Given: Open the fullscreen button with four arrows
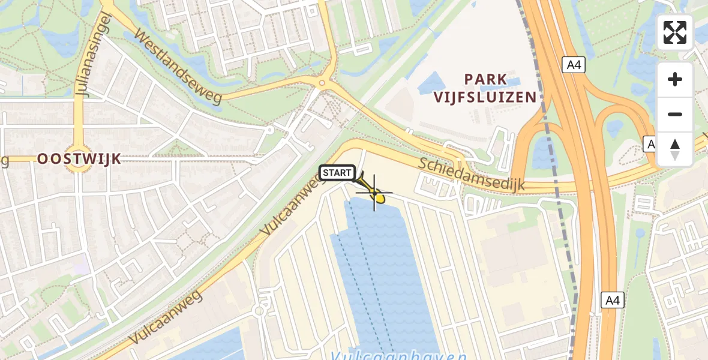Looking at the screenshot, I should tap(675, 32).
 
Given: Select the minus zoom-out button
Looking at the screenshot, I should tap(675, 114).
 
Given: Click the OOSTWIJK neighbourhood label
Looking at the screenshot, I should tap(79, 159).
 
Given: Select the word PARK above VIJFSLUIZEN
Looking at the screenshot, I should tap(486, 79).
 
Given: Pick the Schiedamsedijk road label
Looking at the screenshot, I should tap(472, 175).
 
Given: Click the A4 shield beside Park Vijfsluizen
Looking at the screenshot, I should tap(574, 65).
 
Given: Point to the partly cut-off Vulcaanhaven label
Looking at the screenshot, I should tap(399, 355).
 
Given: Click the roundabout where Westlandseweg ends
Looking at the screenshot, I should tap(322, 84).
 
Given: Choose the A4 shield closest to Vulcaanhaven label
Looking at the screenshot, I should tap(613, 299).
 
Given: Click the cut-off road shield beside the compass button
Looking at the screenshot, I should tap(650, 144).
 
